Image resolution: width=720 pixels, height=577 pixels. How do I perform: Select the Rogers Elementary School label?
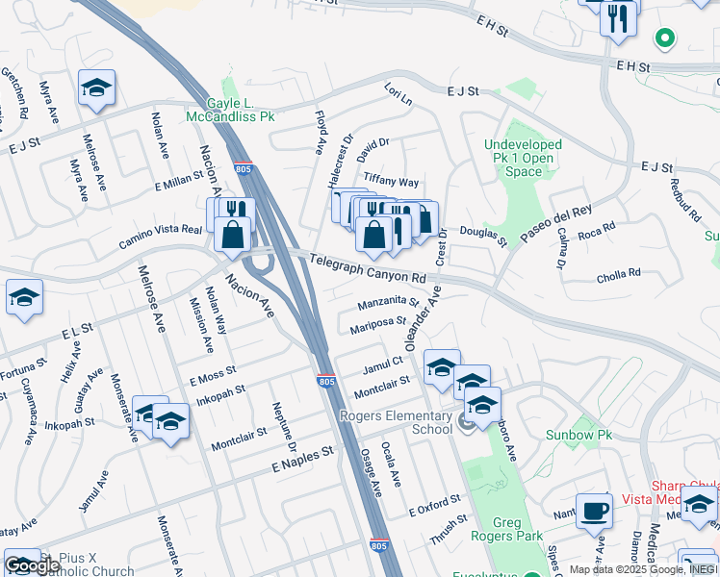396,422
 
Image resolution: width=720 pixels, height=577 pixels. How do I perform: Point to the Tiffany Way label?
391,182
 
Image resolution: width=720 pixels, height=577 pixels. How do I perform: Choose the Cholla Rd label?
618,274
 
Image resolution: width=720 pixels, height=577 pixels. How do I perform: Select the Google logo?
32,565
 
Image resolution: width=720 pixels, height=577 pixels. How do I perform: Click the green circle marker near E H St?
663,39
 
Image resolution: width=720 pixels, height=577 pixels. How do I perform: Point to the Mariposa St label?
377,323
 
